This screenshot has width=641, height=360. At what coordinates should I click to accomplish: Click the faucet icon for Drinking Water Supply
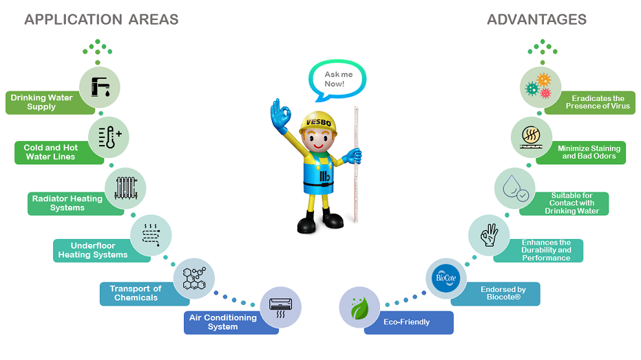coord(100,87)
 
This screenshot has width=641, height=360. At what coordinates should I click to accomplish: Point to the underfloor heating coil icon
coord(151,234)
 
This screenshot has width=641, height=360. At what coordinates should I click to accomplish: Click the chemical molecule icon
coord(194,278)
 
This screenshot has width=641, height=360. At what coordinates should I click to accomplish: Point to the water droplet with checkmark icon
coord(515,188)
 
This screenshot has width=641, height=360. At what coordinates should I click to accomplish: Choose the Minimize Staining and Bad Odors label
coord(588,152)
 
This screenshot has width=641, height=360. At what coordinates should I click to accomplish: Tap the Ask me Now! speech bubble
coord(334,80)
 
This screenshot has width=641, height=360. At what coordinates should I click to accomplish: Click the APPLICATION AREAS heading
coord(102,19)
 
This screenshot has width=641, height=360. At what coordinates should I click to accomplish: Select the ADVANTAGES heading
coord(537,19)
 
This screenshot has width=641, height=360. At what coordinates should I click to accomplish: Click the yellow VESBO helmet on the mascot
coord(318,121)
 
